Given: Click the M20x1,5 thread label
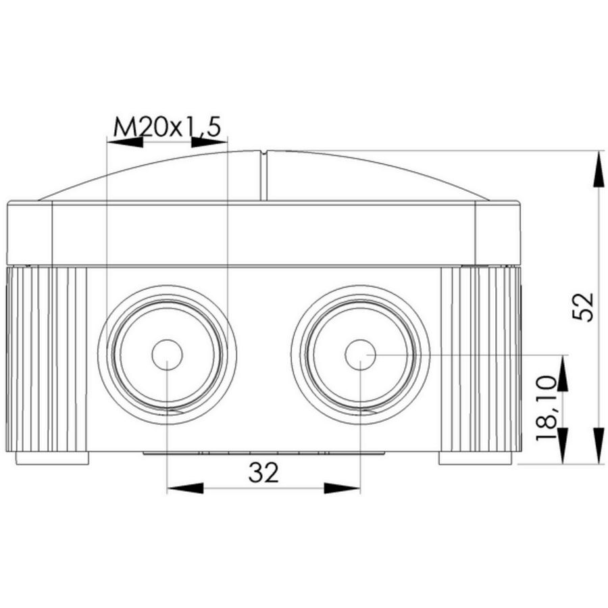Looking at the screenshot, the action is pyautogui.click(x=167, y=126).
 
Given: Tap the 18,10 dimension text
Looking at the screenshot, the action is pyautogui.click(x=546, y=409).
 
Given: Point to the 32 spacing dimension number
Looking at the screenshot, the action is pyautogui.click(x=263, y=473).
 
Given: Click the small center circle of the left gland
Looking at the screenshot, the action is pyautogui.click(x=167, y=355).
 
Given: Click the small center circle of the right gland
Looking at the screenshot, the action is pyautogui.click(x=360, y=355).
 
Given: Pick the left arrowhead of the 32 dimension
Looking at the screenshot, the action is pyautogui.click(x=185, y=488).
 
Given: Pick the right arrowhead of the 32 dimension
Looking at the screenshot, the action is pyautogui.click(x=342, y=488).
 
